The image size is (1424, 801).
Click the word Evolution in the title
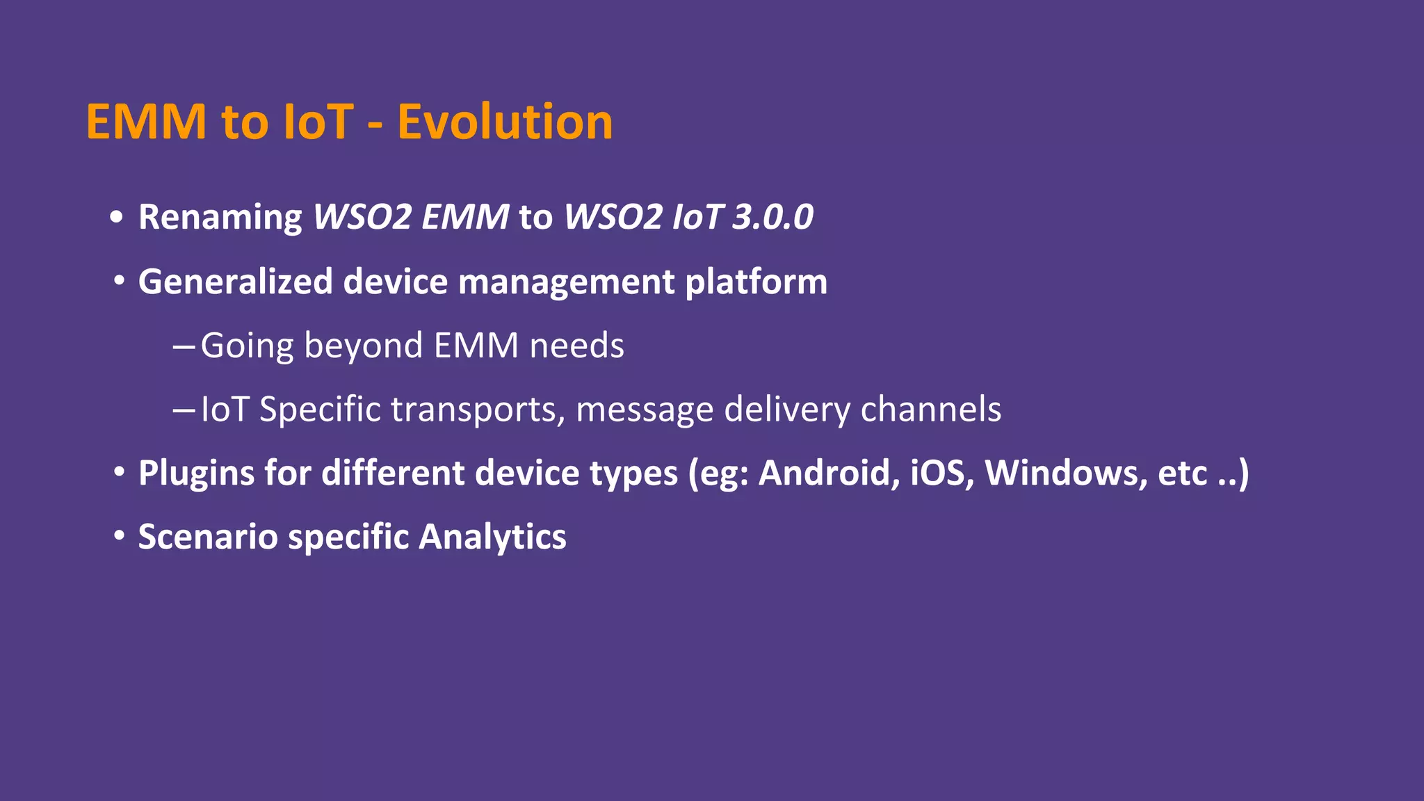tap(505, 122)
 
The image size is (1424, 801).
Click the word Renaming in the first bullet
tap(220, 217)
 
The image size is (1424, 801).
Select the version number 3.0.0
tap(772, 217)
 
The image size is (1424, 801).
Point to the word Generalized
tap(235, 282)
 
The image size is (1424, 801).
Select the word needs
tap(576, 346)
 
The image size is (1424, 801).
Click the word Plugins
tap(196, 473)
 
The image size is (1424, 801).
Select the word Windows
tap(1065, 473)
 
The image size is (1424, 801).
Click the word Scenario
tap(207, 537)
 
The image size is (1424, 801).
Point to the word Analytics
tap(492, 537)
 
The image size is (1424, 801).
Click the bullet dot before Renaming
tap(117, 217)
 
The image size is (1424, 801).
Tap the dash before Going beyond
tap(184, 346)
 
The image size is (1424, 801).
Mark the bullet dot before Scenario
tap(120, 536)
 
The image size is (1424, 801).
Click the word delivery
tap(786, 409)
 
